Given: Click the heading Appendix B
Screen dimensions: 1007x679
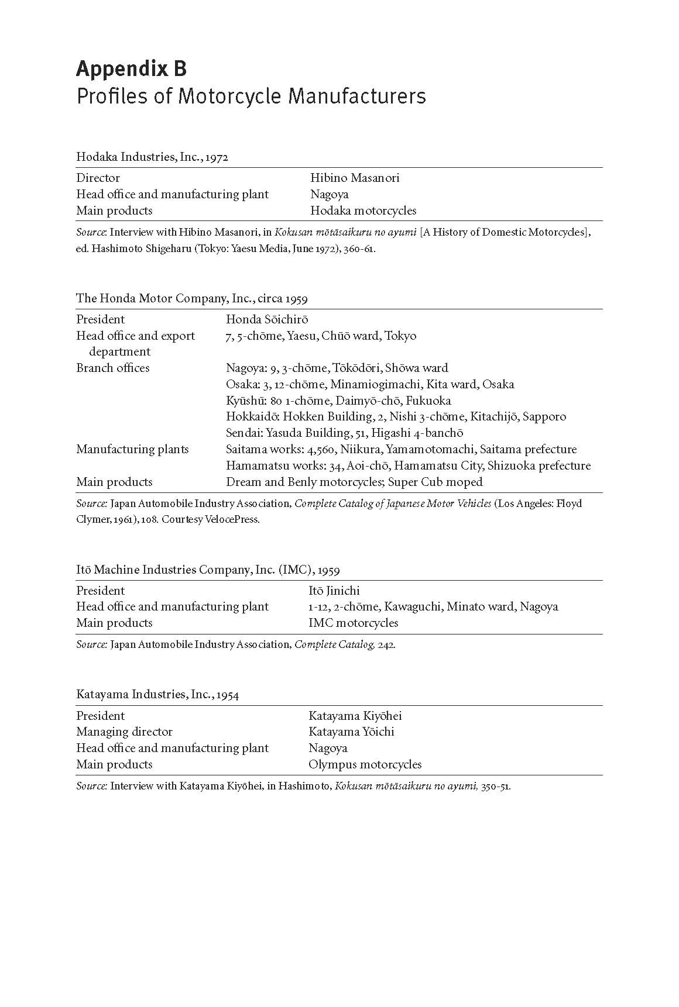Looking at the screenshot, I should (131, 69).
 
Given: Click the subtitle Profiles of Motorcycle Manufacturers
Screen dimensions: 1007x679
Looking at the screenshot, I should (251, 95).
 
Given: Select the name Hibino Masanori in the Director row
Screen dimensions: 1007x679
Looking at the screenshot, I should (355, 178).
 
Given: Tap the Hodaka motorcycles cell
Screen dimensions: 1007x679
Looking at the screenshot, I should (363, 211).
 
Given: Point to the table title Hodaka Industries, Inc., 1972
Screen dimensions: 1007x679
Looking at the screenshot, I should (152, 157).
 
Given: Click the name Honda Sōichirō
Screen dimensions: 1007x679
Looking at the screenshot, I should (267, 319).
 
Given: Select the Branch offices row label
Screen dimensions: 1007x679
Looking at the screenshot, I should (113, 368).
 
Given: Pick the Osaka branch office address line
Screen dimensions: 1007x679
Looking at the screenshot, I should (370, 384).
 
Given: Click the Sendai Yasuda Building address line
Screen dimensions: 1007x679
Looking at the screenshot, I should (344, 433).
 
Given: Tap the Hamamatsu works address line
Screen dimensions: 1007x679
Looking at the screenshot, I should (408, 465).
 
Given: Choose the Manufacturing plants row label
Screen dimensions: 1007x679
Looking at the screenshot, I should (132, 449).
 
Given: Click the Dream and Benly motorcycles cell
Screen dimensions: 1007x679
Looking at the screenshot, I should (354, 482).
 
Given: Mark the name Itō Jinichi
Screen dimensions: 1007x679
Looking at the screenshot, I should (334, 591).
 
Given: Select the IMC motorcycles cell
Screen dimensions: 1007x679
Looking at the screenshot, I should (353, 623).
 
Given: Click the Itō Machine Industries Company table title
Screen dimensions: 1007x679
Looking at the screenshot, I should (208, 570).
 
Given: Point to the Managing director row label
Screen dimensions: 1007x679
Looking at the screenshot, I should (125, 732).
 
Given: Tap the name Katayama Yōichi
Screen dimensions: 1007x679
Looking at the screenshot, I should (351, 732).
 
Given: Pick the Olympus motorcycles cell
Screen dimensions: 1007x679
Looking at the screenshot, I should (365, 764).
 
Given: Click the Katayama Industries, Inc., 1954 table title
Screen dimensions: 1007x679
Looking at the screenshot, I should (157, 695).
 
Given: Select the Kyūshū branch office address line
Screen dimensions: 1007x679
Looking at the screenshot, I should (338, 401).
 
